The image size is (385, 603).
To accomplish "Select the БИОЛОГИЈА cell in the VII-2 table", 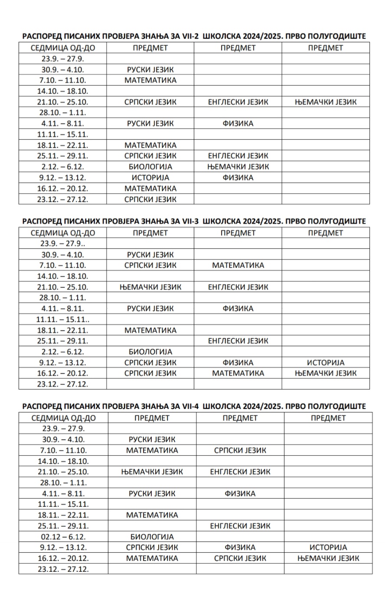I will coord(150,167).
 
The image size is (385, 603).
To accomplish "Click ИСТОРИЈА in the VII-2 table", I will coord(150,177).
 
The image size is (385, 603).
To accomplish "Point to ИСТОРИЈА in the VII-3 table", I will coord(326,363).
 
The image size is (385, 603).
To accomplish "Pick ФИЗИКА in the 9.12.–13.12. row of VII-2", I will coord(238,177).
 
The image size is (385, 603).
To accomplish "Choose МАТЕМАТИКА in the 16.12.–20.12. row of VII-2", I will coord(150,188).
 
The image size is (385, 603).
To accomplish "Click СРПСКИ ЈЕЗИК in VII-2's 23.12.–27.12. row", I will coord(150,200).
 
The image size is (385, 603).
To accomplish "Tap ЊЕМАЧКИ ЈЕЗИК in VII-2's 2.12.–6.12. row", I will coord(238,167).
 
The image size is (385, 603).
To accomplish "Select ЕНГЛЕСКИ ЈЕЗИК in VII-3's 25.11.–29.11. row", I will coord(238,341).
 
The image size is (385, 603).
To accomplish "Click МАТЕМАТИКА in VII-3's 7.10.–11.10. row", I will coord(238,265).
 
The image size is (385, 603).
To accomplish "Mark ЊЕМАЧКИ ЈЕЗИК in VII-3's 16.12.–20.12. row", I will coord(326,373).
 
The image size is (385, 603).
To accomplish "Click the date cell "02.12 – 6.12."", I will coord(63,537).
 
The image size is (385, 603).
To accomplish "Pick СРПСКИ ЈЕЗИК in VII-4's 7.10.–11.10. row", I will coord(240,450).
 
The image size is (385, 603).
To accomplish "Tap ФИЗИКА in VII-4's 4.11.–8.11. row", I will coord(240,493).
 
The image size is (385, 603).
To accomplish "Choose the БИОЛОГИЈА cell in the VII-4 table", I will coord(152,537).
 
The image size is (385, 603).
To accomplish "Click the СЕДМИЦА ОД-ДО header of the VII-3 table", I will coord(63,233).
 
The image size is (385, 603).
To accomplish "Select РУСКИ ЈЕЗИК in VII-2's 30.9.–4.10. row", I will coord(150,70).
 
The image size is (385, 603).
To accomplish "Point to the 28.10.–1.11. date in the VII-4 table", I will coord(63,483).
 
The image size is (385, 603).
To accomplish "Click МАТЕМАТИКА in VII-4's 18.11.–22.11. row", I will coord(152,515).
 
